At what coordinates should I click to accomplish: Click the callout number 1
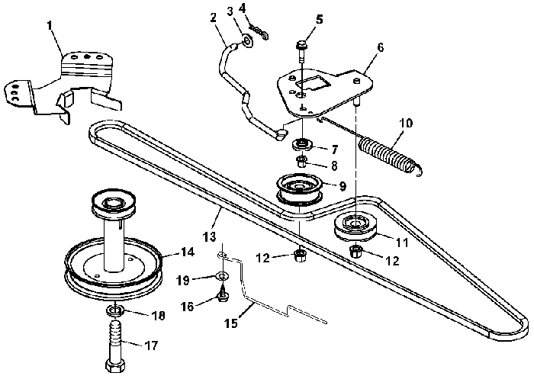[x=50, y=26]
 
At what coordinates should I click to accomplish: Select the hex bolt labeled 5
[x=302, y=51]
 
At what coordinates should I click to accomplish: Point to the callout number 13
[x=210, y=236]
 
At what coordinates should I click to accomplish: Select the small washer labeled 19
[x=222, y=275]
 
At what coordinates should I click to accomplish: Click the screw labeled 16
[x=224, y=293]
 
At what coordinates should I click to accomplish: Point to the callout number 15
[x=232, y=323]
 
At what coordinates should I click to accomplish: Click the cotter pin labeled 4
[x=259, y=31]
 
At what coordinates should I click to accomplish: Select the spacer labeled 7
[x=301, y=143]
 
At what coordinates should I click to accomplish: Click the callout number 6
[x=381, y=48]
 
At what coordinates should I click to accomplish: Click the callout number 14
[x=187, y=252]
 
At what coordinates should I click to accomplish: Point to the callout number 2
[x=213, y=18]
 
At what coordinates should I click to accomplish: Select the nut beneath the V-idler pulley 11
[x=355, y=252]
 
